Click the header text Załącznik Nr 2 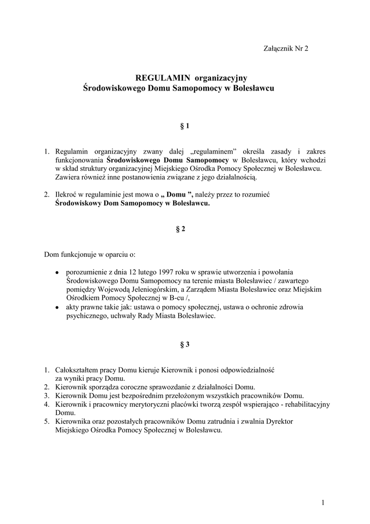pyautogui.click(x=286, y=49)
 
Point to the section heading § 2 pyautogui.click(x=180, y=229)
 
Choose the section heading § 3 pyautogui.click(x=185, y=344)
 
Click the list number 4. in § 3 pyautogui.click(x=46, y=404)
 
